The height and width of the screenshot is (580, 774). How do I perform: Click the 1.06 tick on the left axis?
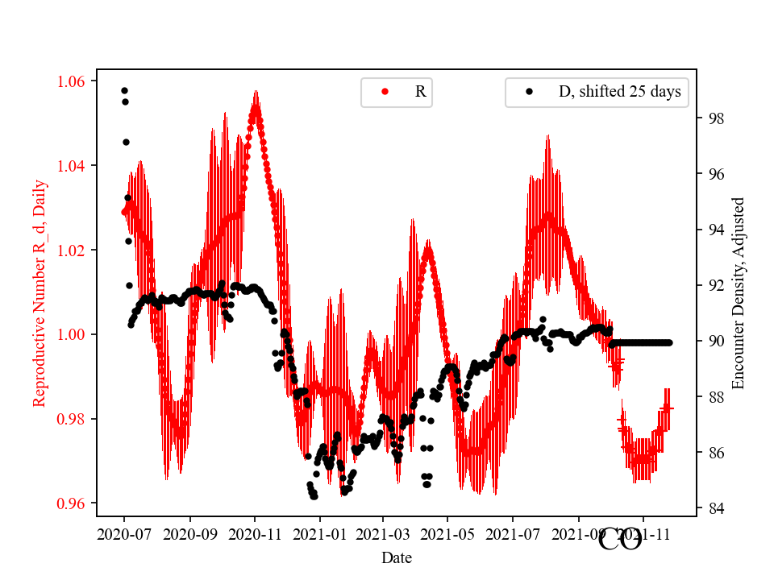click(x=74, y=81)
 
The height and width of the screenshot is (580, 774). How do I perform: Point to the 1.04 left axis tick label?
click(x=74, y=166)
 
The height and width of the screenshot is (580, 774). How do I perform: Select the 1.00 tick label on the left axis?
click(x=74, y=334)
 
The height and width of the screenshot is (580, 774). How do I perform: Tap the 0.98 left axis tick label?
click(x=74, y=419)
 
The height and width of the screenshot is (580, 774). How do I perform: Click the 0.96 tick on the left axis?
click(x=74, y=503)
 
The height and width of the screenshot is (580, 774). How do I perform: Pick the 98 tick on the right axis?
click(x=714, y=118)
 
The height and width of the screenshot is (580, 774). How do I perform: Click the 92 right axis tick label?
click(x=714, y=285)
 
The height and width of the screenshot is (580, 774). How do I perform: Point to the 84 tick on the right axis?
click(x=714, y=508)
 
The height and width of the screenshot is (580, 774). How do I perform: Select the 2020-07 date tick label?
click(x=124, y=533)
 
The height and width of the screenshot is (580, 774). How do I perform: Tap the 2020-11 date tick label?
click(x=255, y=533)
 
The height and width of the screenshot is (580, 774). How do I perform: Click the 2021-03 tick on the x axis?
click(x=383, y=533)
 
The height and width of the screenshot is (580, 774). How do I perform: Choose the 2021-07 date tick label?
click(x=513, y=533)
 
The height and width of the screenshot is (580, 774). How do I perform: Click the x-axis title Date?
click(x=397, y=557)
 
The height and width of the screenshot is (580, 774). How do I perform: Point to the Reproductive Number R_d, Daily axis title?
click(x=40, y=293)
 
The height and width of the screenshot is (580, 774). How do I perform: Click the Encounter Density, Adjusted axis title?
click(x=738, y=293)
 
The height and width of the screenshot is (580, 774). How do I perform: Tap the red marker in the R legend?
click(x=385, y=92)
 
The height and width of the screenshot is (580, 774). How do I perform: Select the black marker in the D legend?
click(x=529, y=92)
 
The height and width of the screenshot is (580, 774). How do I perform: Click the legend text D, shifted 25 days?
click(x=619, y=92)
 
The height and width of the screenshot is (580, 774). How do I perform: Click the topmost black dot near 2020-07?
click(x=124, y=90)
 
